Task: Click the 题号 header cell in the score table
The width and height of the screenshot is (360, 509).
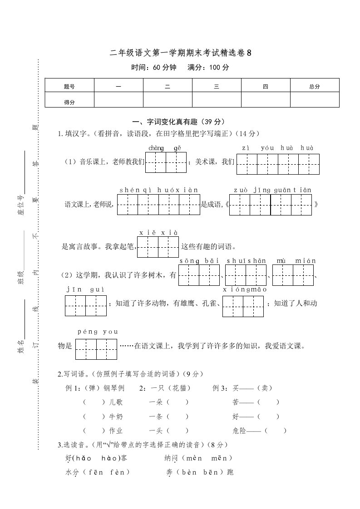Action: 69,86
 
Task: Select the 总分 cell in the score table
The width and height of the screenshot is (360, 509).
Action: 314,86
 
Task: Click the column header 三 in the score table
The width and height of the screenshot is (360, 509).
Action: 217,86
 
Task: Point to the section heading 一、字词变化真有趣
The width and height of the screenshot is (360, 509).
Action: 178,122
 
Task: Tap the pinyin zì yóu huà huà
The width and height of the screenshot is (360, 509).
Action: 278,148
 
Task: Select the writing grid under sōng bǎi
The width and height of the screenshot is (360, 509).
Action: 199,275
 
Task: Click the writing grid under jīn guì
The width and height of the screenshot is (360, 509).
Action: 85,305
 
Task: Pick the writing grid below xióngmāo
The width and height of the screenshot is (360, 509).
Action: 243,305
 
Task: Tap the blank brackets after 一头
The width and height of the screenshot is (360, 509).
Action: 177,431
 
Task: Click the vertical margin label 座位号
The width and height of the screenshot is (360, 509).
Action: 21,206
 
